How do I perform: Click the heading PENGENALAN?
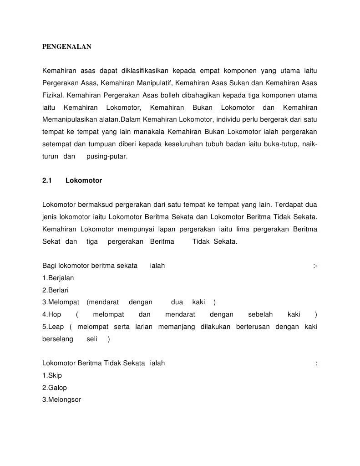[67, 46]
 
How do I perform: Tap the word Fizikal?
[53, 95]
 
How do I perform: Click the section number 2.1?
[48, 180]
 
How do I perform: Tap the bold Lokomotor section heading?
[84, 180]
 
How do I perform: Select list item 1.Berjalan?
[58, 278]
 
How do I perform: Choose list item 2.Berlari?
[56, 290]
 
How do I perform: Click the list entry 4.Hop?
[52, 314]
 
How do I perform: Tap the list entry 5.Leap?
[53, 327]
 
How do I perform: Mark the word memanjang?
[176, 327]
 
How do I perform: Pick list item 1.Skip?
[52, 375]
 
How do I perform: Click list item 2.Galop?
[55, 388]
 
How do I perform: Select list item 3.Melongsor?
[61, 400]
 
